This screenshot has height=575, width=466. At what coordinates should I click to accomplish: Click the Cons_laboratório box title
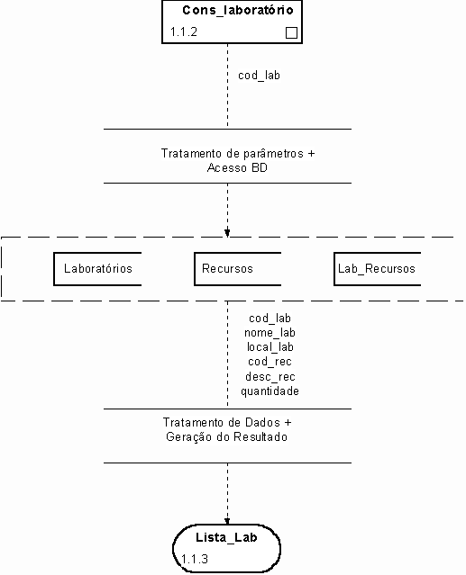[x=238, y=10]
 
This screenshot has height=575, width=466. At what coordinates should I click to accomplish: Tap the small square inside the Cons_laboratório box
[x=291, y=33]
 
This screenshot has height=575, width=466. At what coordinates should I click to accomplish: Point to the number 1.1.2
[x=184, y=31]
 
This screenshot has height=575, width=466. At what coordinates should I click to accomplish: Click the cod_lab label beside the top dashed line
[x=259, y=76]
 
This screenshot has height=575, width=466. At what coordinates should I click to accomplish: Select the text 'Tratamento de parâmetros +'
[x=238, y=153]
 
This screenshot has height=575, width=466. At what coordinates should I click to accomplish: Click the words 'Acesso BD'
[x=237, y=168]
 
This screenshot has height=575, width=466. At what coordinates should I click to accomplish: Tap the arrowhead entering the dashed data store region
[x=227, y=233]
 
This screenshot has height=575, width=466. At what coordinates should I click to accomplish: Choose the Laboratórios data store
[x=97, y=269]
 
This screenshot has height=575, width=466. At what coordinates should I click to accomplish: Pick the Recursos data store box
[x=238, y=269]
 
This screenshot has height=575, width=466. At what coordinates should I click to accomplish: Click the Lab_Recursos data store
[x=377, y=269]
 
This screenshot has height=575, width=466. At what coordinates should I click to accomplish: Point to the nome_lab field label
[x=270, y=333]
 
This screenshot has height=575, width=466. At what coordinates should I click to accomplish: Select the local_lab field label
[x=270, y=347]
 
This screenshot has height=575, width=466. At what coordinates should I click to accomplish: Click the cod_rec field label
[x=270, y=362]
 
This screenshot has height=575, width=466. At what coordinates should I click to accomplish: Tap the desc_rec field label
[x=270, y=377]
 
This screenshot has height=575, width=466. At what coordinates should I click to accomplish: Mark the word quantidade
[x=270, y=391]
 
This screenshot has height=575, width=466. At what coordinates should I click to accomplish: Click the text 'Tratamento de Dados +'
[x=227, y=422]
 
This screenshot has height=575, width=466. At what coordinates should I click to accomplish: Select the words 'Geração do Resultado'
[x=226, y=437]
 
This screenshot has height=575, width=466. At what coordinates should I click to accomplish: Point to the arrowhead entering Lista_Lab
[x=227, y=521]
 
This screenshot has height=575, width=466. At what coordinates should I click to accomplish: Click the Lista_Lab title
[x=226, y=537]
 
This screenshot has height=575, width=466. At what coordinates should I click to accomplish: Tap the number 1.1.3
[x=195, y=559]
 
